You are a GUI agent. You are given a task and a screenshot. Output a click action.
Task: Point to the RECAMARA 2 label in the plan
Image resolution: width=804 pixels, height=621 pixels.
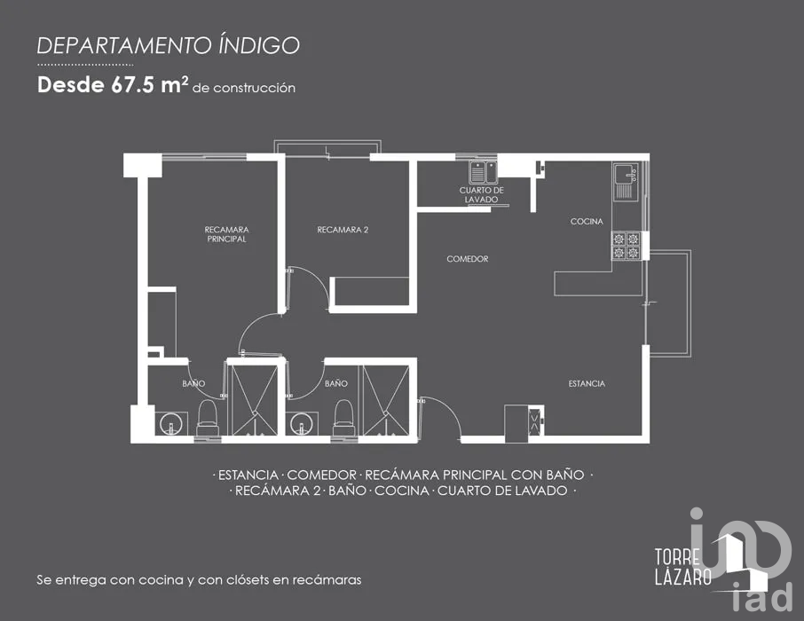click(x=343, y=230)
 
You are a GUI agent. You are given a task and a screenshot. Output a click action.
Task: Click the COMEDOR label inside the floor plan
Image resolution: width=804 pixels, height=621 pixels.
click(x=468, y=259)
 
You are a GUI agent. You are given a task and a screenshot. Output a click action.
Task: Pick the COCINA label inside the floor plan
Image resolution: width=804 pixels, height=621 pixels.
click(x=587, y=222)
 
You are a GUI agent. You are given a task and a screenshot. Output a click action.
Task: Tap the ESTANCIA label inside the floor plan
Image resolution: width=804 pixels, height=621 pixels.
click(x=587, y=383)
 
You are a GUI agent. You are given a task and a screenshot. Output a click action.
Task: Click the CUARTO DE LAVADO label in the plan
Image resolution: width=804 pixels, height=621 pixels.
click(x=482, y=195)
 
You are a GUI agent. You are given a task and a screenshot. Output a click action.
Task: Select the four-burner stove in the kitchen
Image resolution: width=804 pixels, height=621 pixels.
click(x=627, y=246)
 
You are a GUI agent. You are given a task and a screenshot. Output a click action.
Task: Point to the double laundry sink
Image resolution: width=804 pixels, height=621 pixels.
click(x=484, y=171)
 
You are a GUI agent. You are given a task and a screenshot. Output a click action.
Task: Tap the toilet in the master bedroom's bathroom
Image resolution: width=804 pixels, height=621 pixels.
click(x=208, y=418)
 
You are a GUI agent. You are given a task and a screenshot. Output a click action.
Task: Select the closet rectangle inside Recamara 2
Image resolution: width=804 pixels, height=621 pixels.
click(x=369, y=292)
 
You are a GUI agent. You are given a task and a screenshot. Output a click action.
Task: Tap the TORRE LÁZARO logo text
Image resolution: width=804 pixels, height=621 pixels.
click(x=682, y=567)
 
